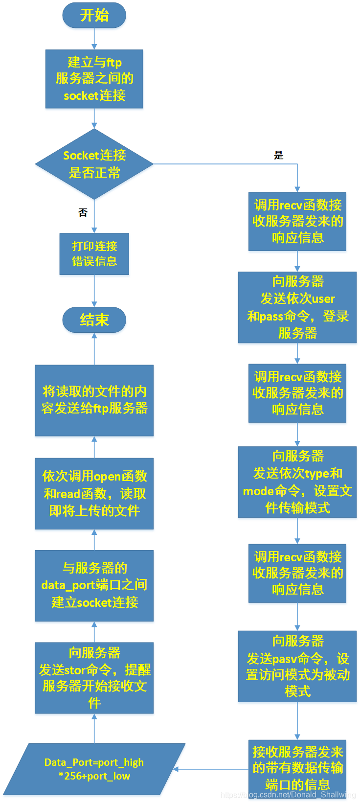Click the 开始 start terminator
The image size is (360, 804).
[x=94, y=15]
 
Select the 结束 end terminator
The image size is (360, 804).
[x=94, y=320]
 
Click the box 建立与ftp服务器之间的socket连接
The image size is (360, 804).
[x=94, y=79]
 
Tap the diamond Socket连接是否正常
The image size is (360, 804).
[x=94, y=164]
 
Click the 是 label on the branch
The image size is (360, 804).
[x=278, y=156]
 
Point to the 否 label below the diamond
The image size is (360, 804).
[x=83, y=212]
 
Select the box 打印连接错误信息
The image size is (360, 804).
[x=94, y=253]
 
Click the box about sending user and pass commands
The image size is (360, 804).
[x=297, y=307]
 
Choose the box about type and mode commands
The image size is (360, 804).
[x=297, y=482]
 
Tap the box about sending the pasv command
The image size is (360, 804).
[x=297, y=666]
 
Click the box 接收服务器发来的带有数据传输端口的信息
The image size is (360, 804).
[x=297, y=768]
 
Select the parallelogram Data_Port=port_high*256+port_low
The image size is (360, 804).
[x=94, y=769]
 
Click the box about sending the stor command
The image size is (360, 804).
[x=94, y=678]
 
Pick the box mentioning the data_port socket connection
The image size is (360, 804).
[x=94, y=586]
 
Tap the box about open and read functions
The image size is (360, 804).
[x=94, y=493]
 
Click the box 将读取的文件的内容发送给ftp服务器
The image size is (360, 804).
[x=94, y=400]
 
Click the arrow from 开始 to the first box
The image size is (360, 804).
[x=94, y=39]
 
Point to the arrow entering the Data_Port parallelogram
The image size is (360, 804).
[x=210, y=769]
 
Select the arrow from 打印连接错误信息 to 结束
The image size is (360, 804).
[x=94, y=291]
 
